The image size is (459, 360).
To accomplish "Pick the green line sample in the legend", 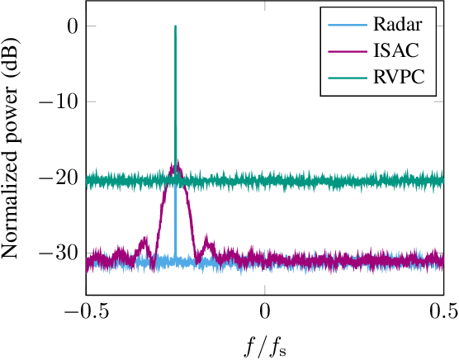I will pyautogui.click(x=345, y=79).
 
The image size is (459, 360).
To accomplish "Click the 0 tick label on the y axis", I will pyautogui.click(x=72, y=26).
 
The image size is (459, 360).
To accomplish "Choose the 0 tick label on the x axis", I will pyautogui.click(x=265, y=311).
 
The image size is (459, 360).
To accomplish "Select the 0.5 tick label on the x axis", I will pyautogui.click(x=443, y=311).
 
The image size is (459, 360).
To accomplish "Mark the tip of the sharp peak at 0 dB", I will pyautogui.click(x=175, y=26).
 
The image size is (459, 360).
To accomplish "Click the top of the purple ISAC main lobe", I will pyautogui.click(x=175, y=165).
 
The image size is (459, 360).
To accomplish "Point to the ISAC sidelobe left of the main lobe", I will pyautogui.click(x=145, y=240).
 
